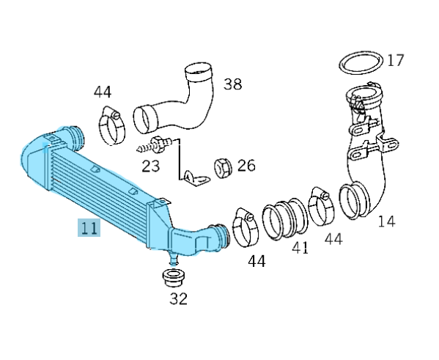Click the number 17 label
point(395,59)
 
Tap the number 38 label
point(232,84)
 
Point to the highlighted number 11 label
point(89,227)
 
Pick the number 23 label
point(151,166)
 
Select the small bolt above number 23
point(157,142)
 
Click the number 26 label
point(246,166)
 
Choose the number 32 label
point(178,298)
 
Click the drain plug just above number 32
point(173,278)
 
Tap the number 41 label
point(300,249)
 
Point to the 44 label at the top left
point(103,92)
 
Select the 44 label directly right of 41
point(333,238)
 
